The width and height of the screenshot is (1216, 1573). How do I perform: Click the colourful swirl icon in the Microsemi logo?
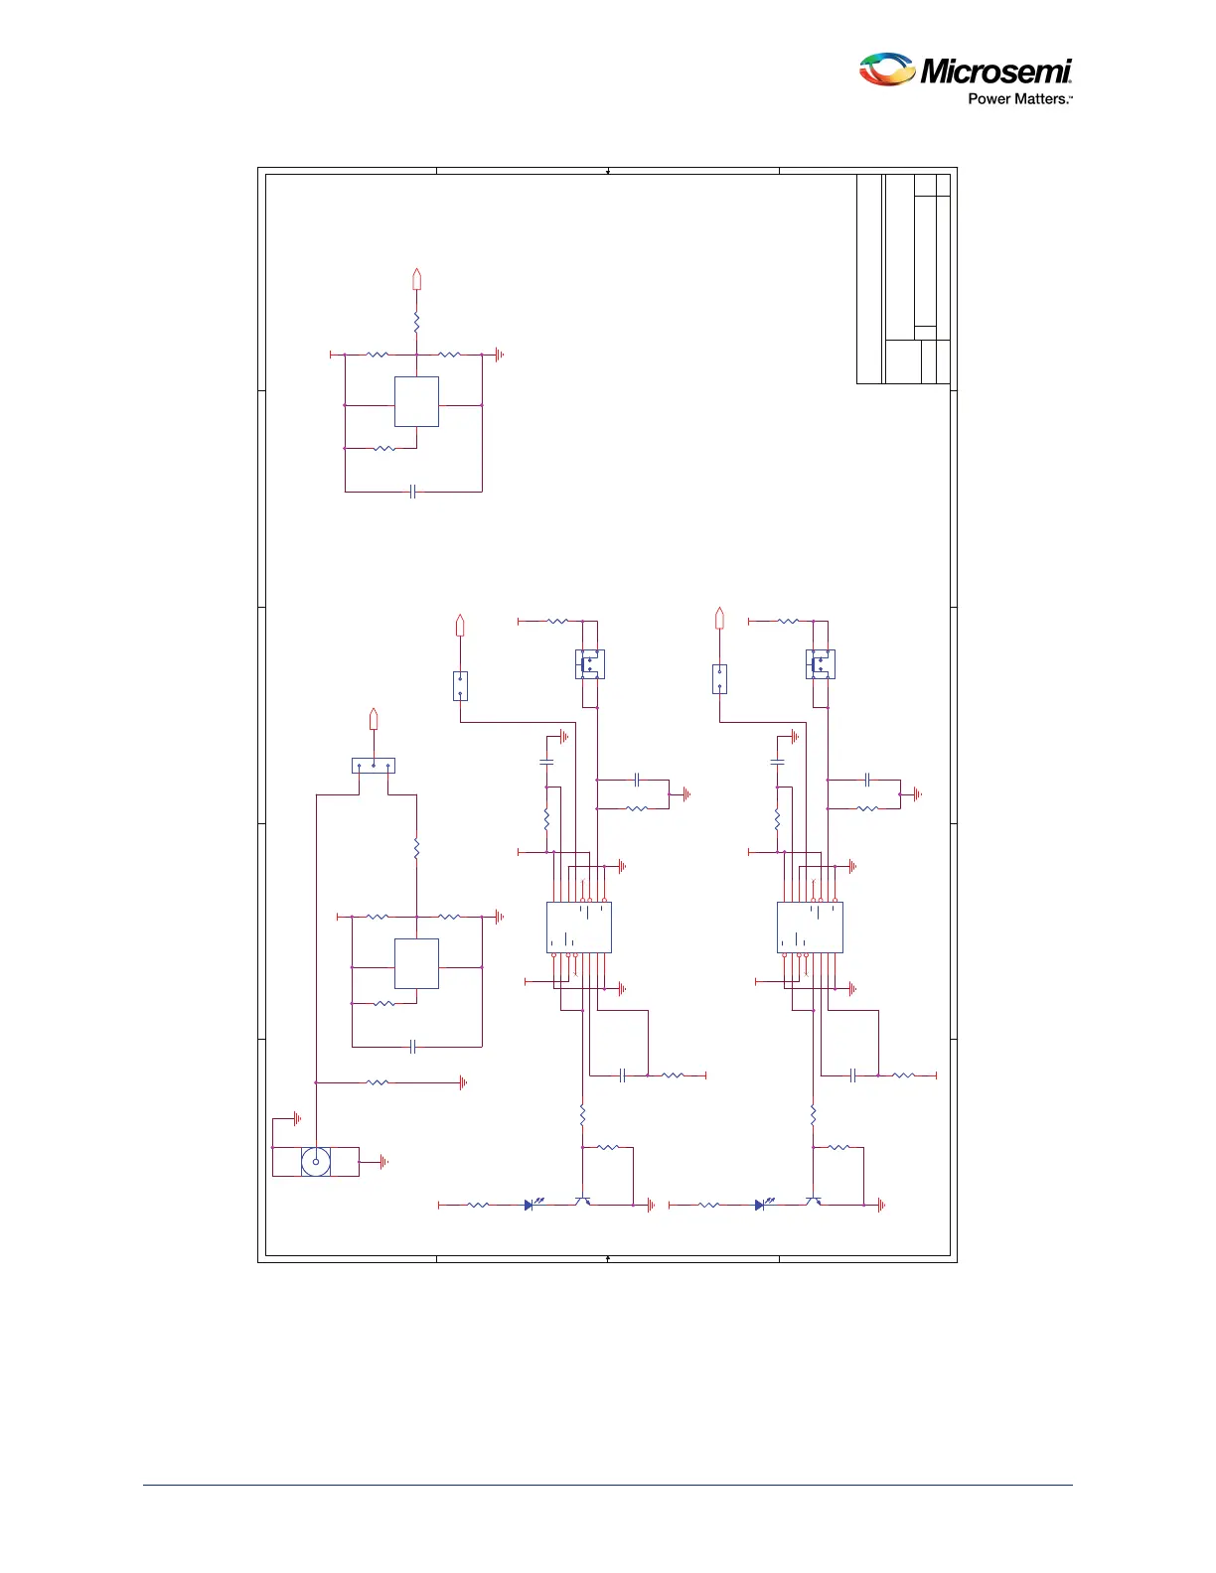pyautogui.click(x=886, y=70)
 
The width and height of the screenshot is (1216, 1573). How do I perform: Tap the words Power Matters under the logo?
pyautogui.click(x=1018, y=99)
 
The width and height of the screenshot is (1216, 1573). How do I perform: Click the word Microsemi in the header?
pyautogui.click(x=995, y=71)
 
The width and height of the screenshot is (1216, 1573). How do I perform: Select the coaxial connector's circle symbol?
pyautogui.click(x=316, y=1161)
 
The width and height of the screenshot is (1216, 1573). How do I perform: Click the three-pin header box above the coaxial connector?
pyautogui.click(x=374, y=766)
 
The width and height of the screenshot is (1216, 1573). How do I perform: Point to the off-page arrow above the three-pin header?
pyautogui.click(x=374, y=718)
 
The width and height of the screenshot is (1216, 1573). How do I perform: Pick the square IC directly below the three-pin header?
pyautogui.click(x=416, y=963)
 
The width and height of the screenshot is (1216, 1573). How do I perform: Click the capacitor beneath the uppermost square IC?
pyautogui.click(x=412, y=492)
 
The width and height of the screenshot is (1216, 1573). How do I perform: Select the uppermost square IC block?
pyautogui.click(x=416, y=402)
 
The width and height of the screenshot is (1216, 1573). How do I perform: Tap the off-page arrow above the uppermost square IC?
pyautogui.click(x=416, y=279)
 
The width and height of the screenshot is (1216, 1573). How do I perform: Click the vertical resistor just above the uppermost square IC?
pyautogui.click(x=416, y=324)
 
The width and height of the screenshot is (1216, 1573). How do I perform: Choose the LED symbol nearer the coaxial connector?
pyautogui.click(x=530, y=1205)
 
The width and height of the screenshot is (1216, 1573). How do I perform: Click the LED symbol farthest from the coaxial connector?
pyautogui.click(x=760, y=1205)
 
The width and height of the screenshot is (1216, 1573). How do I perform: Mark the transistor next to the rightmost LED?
pyautogui.click(x=814, y=1202)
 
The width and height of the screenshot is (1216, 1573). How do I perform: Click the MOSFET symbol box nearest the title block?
pyautogui.click(x=821, y=664)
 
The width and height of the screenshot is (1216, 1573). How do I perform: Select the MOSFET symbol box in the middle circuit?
pyautogui.click(x=590, y=664)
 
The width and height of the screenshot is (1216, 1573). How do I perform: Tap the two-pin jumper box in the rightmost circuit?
pyautogui.click(x=719, y=679)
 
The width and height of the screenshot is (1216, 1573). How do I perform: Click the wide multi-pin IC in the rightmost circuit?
pyautogui.click(x=810, y=928)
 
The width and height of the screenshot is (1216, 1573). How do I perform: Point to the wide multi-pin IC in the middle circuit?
pyautogui.click(x=579, y=928)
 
